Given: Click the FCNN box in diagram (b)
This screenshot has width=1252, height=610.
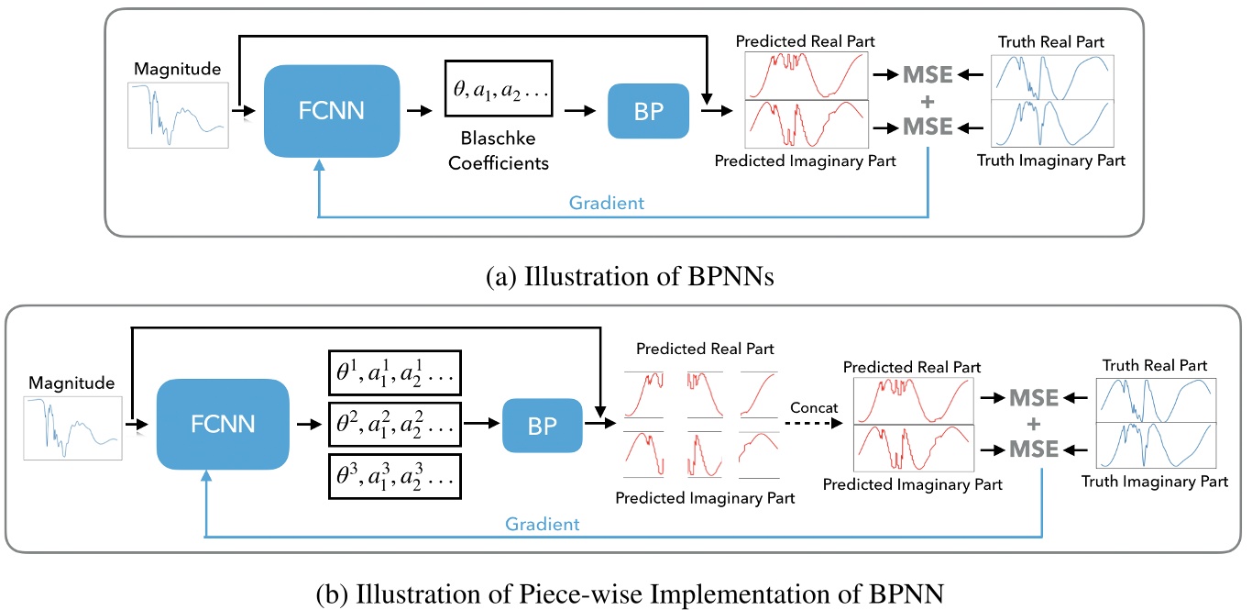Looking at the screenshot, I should coord(224,425).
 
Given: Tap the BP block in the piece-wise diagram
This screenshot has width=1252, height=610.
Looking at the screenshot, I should coord(544,425).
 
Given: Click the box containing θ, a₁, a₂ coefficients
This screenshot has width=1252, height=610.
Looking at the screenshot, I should coord(499,89).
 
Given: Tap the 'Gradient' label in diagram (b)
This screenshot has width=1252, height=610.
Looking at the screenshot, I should coord(544,524).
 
